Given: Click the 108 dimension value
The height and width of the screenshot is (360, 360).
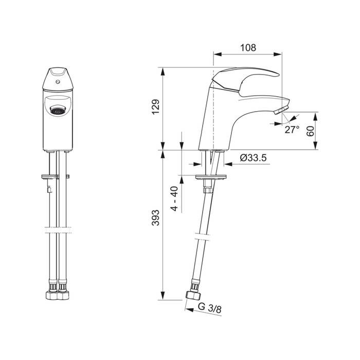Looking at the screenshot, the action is pyautogui.click(x=248, y=47).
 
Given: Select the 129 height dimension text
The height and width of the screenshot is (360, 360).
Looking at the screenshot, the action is pyautogui.click(x=156, y=107).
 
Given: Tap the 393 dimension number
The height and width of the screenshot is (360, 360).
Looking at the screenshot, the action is pyautogui.click(x=156, y=218).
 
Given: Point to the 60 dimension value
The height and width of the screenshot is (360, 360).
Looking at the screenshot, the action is pyautogui.click(x=310, y=131).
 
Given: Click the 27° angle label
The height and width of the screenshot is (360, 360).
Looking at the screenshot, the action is pyautogui.click(x=292, y=130).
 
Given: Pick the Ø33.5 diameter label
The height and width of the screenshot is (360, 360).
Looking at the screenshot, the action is pyautogui.click(x=253, y=158).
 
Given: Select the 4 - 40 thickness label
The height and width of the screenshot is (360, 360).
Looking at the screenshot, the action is pyautogui.click(x=174, y=199).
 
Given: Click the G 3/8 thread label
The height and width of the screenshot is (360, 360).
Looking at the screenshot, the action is pyautogui.click(x=210, y=308).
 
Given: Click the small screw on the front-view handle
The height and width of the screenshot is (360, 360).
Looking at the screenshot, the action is pyautogui.click(x=58, y=81).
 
